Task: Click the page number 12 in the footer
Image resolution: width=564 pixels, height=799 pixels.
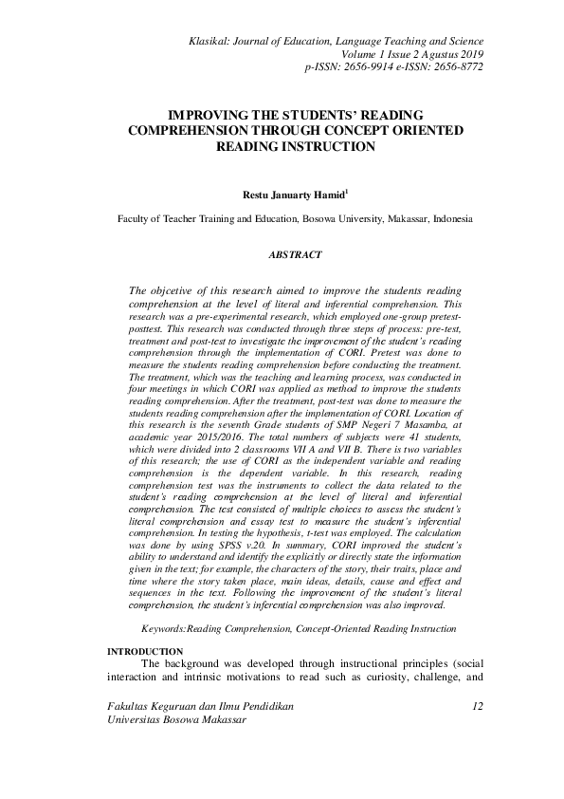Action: click(x=477, y=706)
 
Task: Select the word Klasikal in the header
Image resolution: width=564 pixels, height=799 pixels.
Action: click(x=214, y=43)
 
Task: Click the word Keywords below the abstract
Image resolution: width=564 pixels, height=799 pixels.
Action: click(x=163, y=628)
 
